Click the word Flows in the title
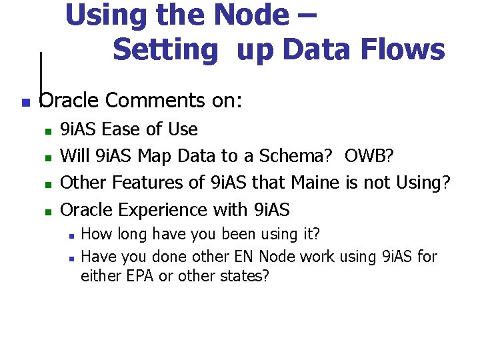[x=409, y=49]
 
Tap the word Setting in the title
[x=166, y=51]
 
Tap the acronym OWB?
[x=369, y=156]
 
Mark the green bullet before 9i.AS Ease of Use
[x=47, y=131]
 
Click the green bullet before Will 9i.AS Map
[x=47, y=158]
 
